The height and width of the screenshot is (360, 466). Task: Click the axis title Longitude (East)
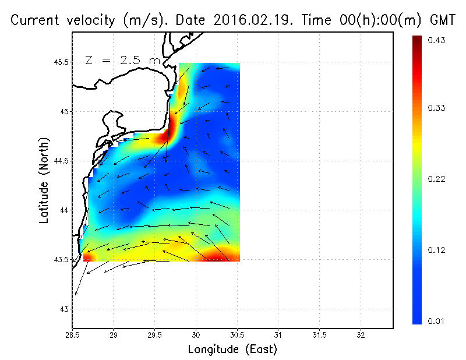coord(232,350)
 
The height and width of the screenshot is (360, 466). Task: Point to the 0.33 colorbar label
coord(436,108)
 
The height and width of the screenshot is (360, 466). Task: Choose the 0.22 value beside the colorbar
coord(436,179)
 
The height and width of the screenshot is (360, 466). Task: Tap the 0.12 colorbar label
coord(436,250)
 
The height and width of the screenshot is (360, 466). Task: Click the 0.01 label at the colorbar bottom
coord(436,321)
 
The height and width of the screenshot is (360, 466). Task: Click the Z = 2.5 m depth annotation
coord(122,60)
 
